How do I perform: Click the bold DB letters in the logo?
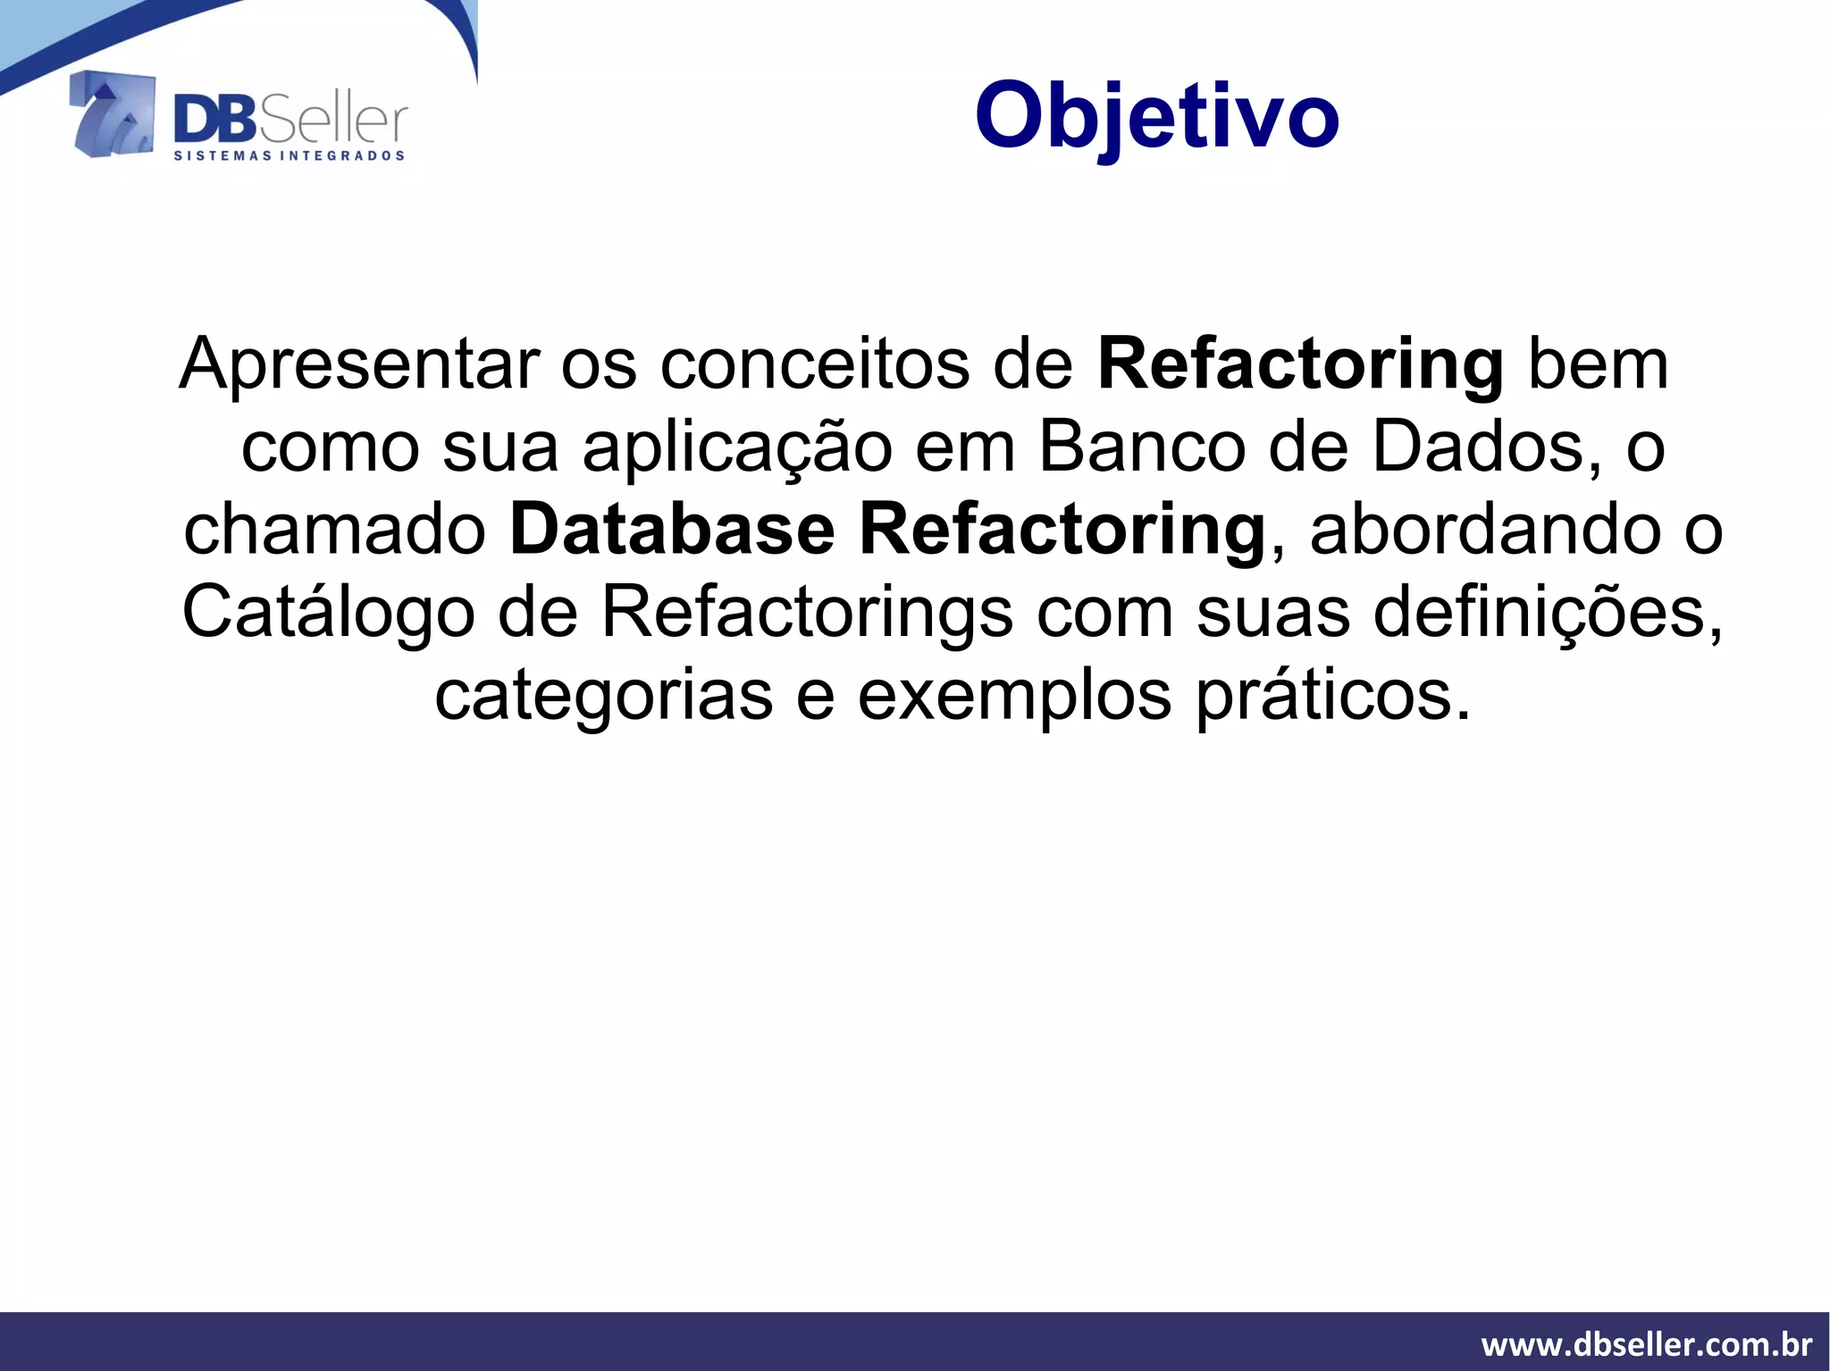pos(214,121)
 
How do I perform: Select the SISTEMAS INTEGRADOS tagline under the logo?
pos(288,156)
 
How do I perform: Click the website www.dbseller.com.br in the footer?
pos(1646,1343)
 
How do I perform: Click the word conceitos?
pos(814,364)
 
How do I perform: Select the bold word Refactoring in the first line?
pos(1300,364)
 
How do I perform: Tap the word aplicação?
pos(737,448)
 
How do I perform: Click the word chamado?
pos(334,531)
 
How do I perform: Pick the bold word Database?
pos(671,531)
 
